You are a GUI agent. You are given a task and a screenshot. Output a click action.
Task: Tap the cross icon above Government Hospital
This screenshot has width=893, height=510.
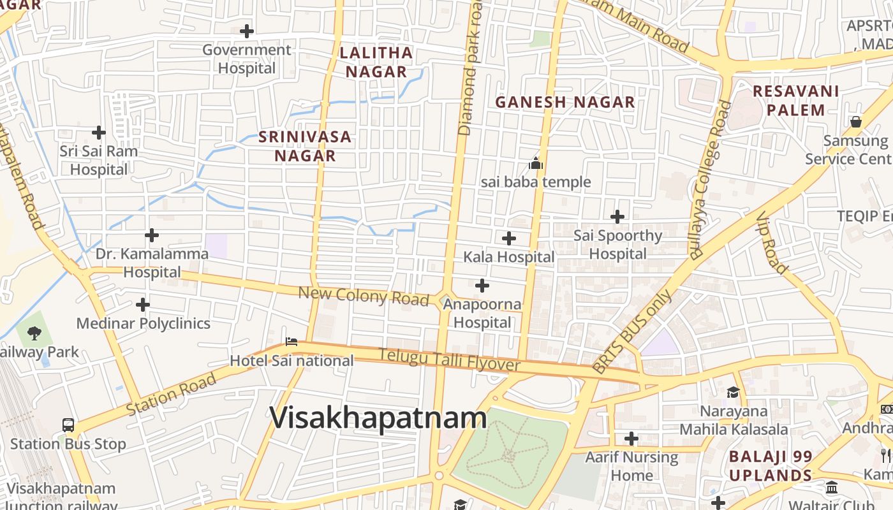coord(247,31)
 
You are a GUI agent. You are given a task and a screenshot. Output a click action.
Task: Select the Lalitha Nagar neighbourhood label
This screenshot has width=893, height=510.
coord(376,62)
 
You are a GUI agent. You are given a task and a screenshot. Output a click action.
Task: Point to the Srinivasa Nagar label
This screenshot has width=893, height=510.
coord(305,146)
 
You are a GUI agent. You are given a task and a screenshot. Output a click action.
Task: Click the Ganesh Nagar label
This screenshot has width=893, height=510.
coord(565,102)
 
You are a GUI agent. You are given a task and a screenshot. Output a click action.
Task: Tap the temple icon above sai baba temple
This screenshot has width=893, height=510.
coord(536,164)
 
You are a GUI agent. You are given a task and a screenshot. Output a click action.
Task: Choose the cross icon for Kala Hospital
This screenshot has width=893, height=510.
coord(509,238)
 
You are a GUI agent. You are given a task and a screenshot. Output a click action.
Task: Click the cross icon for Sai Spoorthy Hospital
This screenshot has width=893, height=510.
coord(617,217)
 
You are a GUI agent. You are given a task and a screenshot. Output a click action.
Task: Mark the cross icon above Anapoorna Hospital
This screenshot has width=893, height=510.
coord(482,286)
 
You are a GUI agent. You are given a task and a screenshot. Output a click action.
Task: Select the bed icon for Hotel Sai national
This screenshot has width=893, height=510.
coord(292,342)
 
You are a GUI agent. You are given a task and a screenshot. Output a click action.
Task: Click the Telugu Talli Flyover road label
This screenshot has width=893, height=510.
coord(449,361)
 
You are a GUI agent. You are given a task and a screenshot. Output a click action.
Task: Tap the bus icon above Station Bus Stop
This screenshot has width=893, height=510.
coord(68,425)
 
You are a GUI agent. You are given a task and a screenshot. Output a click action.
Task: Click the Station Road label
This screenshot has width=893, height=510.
coord(171,394)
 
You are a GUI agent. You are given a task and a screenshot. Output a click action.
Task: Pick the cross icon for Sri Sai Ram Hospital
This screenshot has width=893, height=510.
coord(99,133)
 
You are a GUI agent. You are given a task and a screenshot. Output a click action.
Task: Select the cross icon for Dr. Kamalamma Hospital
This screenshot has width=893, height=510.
coord(152,236)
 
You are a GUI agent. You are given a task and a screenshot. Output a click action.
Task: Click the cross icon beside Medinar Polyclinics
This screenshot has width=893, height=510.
coord(143,305)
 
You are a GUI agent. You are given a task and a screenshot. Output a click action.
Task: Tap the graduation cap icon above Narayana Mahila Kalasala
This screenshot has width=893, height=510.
coord(733,392)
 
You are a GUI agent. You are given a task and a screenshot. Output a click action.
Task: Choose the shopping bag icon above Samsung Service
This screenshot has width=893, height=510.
coord(856,121)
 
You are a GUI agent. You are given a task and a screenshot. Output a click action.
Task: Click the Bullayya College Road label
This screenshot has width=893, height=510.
coord(709,179)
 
